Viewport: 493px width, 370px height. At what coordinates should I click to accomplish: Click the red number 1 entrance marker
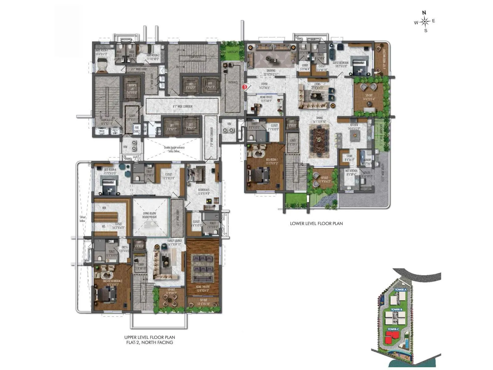pyautogui.click(x=245, y=87)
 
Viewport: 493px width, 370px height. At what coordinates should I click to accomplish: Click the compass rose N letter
pyautogui.click(x=424, y=13)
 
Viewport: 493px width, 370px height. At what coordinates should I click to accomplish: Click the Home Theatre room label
pyautogui.click(x=202, y=288)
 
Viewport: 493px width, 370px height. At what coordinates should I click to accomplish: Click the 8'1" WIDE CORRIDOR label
pyautogui.click(x=182, y=106)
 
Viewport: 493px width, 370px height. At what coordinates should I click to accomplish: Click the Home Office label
pyautogui.click(x=266, y=99)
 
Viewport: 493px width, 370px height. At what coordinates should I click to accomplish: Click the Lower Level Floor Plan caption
pyautogui.click(x=316, y=223)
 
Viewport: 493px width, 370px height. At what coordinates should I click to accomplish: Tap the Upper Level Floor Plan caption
pyautogui.click(x=150, y=337)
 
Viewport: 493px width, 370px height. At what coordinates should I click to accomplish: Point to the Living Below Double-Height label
pyautogui.click(x=150, y=215)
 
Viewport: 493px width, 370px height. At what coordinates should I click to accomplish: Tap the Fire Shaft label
pyautogui.click(x=136, y=129)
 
